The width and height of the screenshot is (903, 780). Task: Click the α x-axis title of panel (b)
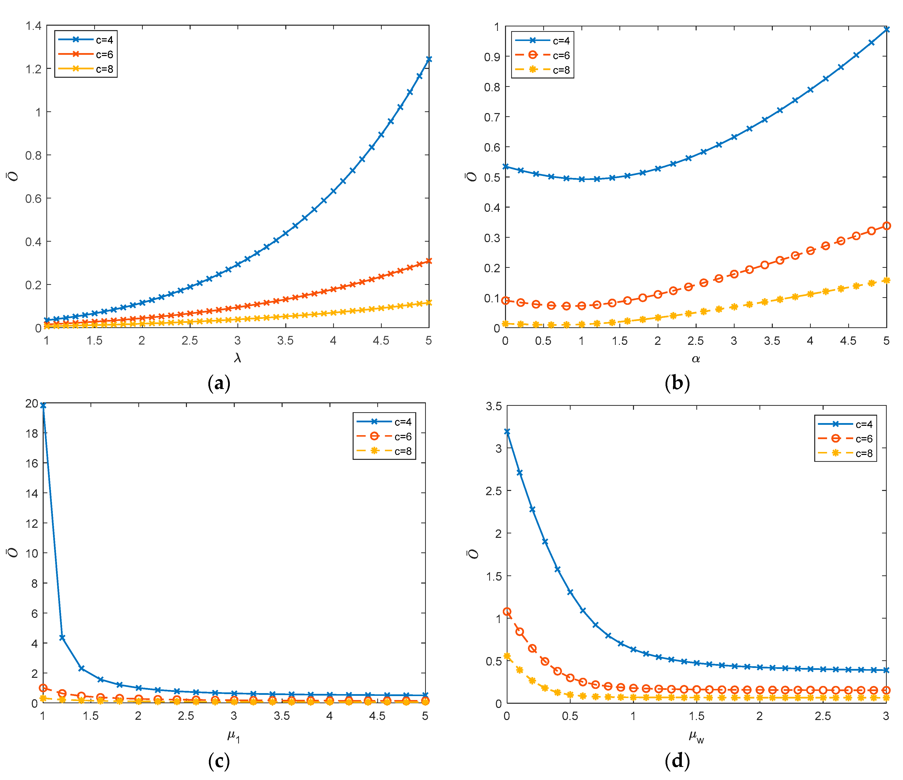coord(696,359)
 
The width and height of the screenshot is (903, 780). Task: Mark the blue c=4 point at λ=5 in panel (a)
coord(429,59)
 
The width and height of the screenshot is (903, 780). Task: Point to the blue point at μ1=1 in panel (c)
coord(43,405)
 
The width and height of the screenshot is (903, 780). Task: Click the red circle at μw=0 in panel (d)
coord(507,612)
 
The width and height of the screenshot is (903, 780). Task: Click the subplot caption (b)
coord(677,383)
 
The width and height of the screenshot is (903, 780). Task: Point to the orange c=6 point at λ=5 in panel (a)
coord(429,261)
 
